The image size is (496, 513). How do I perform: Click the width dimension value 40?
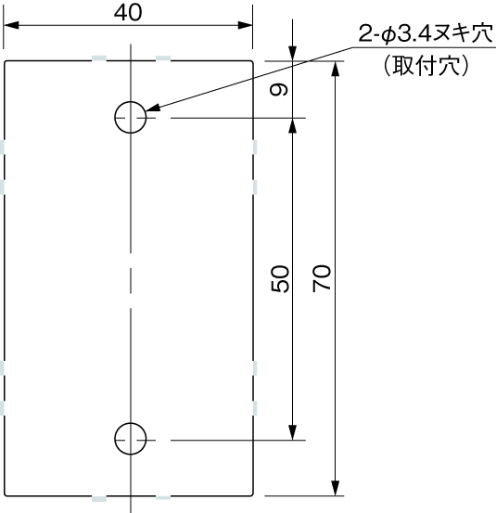coord(129,12)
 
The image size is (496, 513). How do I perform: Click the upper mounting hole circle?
coord(131,118)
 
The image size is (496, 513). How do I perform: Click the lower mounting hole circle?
coord(131,438)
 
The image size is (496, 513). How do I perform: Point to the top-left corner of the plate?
coord(6,62)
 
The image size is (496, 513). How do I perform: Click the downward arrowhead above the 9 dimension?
coord(294,56)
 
